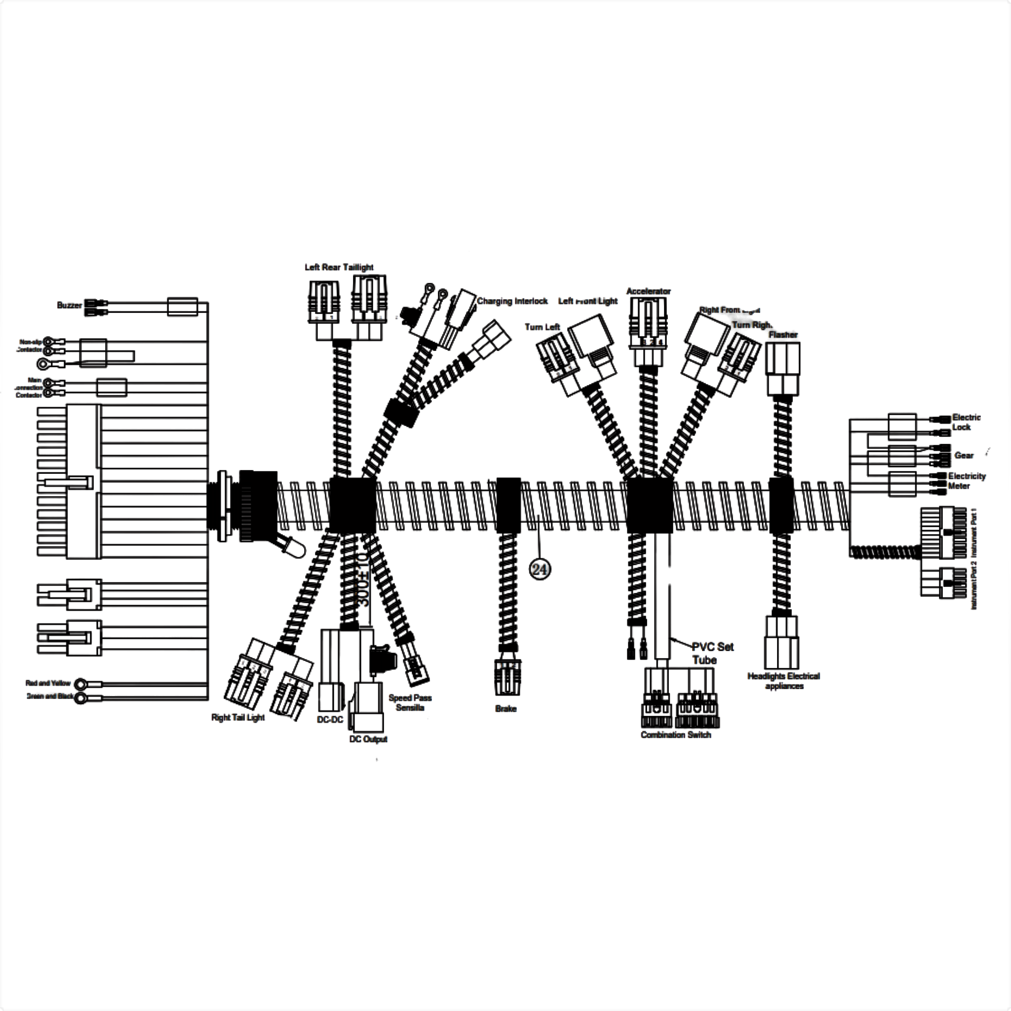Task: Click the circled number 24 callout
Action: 540,569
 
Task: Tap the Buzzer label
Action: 69,305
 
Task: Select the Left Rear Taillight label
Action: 339,268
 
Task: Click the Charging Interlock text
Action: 512,301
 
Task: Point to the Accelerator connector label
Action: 648,291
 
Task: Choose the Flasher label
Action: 783,334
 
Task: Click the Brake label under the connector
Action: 505,708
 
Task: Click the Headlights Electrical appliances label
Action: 783,681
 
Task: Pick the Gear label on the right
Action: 964,455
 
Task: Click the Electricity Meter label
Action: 966,481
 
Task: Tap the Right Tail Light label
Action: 237,717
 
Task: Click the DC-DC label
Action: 330,720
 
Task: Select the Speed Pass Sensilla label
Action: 410,703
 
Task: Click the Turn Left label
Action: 542,327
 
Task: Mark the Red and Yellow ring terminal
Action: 80,684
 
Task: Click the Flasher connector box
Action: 782,368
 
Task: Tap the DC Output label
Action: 368,739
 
